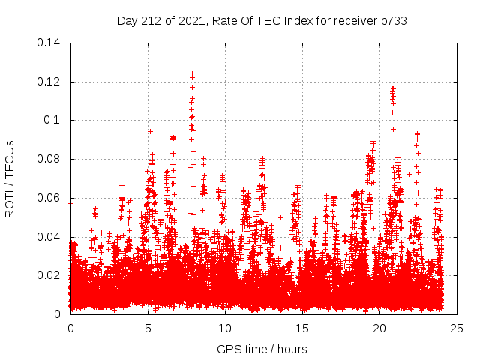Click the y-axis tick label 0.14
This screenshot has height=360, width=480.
[x=49, y=42]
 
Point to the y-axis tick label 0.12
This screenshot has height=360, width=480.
[x=49, y=81]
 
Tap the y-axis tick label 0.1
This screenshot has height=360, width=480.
[x=52, y=120]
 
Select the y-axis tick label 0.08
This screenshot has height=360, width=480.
[x=49, y=159]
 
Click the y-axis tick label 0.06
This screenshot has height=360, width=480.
[x=49, y=198]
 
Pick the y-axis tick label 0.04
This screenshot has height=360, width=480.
[x=49, y=236]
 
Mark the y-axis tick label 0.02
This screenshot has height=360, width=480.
[x=49, y=275]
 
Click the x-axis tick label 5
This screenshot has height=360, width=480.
[x=148, y=328]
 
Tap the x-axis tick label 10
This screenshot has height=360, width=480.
[x=225, y=328]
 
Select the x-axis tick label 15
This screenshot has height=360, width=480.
[x=302, y=328]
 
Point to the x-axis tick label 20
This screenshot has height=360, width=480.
[x=379, y=328]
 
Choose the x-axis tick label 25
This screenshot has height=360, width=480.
[x=457, y=328]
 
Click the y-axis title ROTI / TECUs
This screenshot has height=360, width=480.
[x=10, y=178]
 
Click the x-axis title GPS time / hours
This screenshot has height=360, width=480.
[x=262, y=349]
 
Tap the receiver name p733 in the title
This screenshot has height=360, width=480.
[x=393, y=21]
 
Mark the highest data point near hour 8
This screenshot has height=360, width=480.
[x=193, y=73]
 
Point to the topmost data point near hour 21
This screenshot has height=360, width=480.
[x=392, y=87]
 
